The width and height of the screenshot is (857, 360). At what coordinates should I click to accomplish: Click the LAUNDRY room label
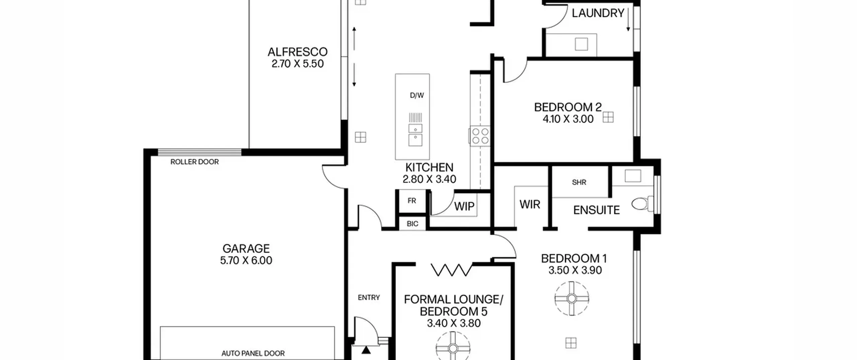[x=598, y=13]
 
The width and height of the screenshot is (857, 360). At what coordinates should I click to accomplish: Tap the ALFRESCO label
[x=297, y=52]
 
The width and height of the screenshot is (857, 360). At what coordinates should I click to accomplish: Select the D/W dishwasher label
[x=417, y=95]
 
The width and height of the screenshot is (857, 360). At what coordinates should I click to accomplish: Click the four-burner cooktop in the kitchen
[x=480, y=136]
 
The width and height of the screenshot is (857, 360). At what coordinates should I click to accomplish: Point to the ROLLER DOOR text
[x=194, y=162]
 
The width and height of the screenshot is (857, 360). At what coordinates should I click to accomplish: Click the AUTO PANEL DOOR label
[x=253, y=353]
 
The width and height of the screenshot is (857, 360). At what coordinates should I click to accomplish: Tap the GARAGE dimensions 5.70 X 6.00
[x=246, y=260]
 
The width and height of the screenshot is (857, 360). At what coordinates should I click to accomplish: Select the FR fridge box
[x=412, y=201]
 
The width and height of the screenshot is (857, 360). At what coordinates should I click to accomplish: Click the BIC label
[x=412, y=224]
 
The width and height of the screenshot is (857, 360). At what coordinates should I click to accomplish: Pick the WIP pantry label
[x=464, y=206]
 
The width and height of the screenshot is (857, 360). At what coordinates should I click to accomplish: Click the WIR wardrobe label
[x=530, y=204]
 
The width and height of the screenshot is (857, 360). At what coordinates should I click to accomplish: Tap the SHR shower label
[x=579, y=183]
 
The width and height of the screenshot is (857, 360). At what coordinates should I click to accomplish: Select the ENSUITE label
[x=596, y=210]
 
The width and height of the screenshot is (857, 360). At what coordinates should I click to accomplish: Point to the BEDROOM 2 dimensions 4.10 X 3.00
[x=568, y=119]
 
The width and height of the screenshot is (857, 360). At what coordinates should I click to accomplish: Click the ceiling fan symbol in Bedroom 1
[x=571, y=298]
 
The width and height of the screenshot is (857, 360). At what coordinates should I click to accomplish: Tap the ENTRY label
[x=369, y=297]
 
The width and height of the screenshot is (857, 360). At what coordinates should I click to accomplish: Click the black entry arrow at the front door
[x=366, y=350]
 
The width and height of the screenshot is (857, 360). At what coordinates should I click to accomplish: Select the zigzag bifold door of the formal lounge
[x=452, y=270]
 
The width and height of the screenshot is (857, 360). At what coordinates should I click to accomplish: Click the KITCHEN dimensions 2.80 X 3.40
[x=429, y=179]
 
